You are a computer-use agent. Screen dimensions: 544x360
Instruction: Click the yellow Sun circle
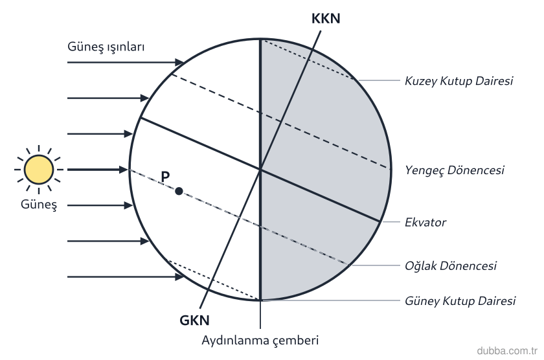click(x=39, y=170)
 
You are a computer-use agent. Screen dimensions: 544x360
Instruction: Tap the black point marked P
click(x=179, y=191)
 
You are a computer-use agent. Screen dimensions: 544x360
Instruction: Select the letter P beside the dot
click(x=166, y=177)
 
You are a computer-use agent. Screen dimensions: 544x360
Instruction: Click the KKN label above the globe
click(x=326, y=19)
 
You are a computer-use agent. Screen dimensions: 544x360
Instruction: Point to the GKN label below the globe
click(x=195, y=320)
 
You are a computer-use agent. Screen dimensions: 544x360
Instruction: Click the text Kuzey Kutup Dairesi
click(x=459, y=81)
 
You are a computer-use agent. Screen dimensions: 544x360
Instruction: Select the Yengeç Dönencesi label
click(x=455, y=170)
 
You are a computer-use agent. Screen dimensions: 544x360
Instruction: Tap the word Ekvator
click(x=425, y=222)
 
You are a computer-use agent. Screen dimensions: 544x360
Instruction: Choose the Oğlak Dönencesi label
click(x=451, y=266)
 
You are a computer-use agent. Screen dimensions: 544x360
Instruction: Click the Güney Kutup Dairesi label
click(x=460, y=300)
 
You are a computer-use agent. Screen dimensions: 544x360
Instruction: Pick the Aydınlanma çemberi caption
click(x=260, y=340)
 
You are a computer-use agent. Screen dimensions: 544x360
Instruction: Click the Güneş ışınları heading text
click(x=106, y=47)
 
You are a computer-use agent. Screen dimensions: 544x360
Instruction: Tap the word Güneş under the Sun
click(x=38, y=204)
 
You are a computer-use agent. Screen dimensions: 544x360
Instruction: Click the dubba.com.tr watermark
click(x=507, y=351)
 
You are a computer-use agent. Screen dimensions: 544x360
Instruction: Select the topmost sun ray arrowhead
click(x=179, y=62)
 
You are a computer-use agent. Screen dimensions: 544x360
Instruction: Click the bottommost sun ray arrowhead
click(x=179, y=276)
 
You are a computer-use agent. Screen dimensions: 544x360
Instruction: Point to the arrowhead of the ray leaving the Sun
click(x=124, y=170)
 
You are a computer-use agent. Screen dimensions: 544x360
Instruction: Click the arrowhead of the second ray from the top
click(x=144, y=98)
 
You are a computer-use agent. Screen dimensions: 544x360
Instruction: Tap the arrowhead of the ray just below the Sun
click(x=128, y=205)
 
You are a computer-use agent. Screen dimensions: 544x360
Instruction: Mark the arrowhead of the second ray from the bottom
click(x=144, y=241)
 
